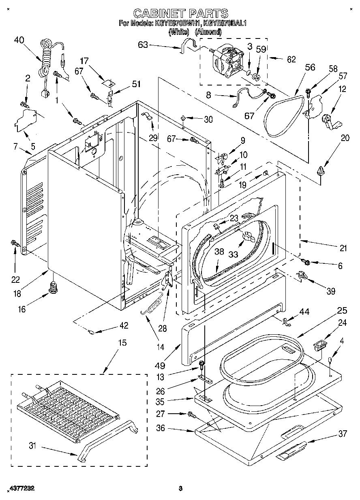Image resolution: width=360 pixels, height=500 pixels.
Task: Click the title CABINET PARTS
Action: [x=180, y=14]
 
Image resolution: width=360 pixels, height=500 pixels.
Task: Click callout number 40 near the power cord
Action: [x=19, y=40]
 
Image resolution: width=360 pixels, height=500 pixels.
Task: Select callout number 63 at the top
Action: [x=143, y=45]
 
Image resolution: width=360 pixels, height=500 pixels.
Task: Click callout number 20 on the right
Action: [x=345, y=137]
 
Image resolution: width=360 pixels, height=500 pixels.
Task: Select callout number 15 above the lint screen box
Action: [x=122, y=343]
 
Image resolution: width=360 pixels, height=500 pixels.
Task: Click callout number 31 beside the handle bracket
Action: [x=32, y=446]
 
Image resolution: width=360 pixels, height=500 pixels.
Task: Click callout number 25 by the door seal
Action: [x=342, y=311]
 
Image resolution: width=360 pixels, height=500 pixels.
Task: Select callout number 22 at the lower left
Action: [x=15, y=279]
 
